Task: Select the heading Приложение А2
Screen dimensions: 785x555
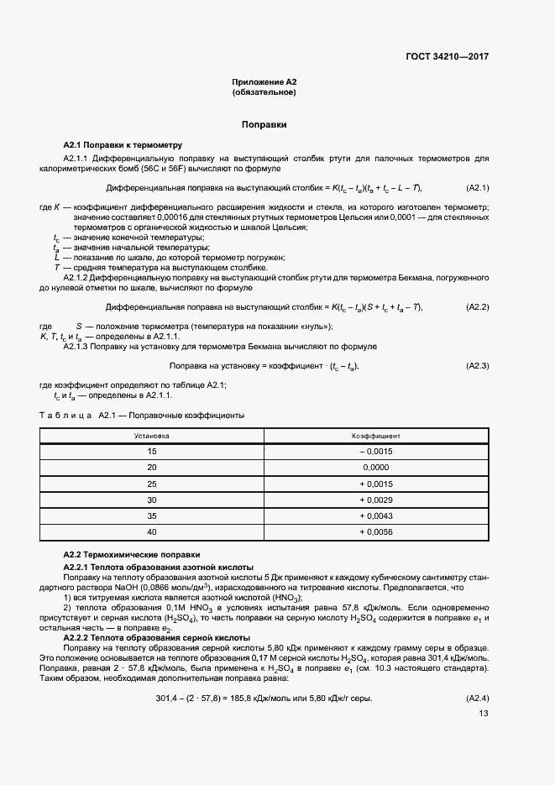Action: pos(264,82)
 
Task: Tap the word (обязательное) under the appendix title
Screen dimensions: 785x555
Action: pos(264,92)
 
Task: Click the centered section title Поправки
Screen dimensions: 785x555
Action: pos(264,124)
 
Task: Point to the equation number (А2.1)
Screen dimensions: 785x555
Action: pos(477,187)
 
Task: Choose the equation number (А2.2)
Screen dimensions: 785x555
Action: pos(477,306)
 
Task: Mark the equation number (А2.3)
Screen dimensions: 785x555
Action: pos(477,366)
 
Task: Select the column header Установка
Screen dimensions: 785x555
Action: pos(152,437)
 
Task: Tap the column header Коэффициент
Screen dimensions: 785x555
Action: pos(375,437)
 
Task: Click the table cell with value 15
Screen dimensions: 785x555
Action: pos(152,451)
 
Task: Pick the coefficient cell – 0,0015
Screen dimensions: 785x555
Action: pos(375,451)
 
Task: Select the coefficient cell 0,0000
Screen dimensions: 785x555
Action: pos(375,467)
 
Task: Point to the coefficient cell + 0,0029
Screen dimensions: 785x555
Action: pos(375,500)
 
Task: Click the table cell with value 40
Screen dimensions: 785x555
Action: pos(152,532)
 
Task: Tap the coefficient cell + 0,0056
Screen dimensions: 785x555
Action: pos(375,532)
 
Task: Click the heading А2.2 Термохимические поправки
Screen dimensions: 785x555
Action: pos(132,555)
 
